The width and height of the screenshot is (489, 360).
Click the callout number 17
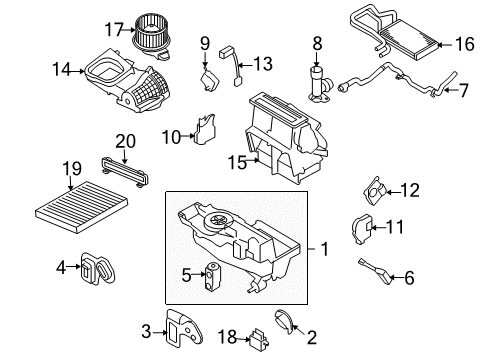(x=114, y=28)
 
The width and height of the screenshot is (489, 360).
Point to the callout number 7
(x=463, y=91)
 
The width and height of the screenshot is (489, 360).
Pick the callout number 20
(x=123, y=141)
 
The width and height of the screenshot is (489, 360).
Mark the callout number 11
(x=398, y=226)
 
